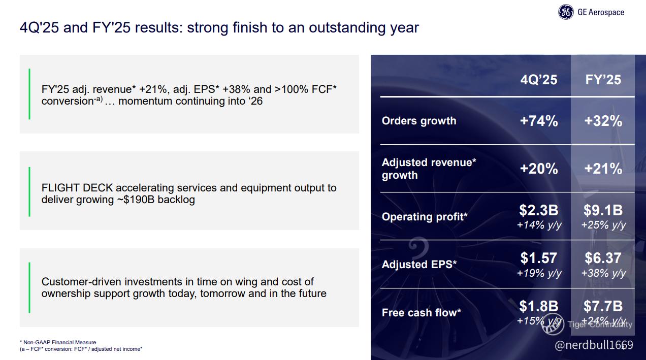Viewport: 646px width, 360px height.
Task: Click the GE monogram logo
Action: (566, 12)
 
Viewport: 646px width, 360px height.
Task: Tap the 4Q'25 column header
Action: (539, 80)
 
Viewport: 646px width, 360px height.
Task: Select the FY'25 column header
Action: (603, 80)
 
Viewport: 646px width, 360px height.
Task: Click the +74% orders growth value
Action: (539, 121)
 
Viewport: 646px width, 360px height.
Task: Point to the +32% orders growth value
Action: (603, 121)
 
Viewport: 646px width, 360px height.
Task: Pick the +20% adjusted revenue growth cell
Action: (539, 169)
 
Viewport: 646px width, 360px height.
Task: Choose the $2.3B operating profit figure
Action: (539, 210)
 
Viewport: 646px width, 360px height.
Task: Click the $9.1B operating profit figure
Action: (603, 210)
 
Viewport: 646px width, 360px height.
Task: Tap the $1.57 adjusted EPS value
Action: (539, 258)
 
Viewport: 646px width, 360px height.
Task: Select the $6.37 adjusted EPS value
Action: (603, 258)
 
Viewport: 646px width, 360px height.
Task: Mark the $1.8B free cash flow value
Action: (539, 306)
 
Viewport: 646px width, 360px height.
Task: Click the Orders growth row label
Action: (419, 121)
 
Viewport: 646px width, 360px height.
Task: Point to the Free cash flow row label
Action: (422, 312)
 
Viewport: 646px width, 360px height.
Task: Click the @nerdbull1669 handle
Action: (594, 345)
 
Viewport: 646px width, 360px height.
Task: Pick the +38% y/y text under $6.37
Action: (603, 273)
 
